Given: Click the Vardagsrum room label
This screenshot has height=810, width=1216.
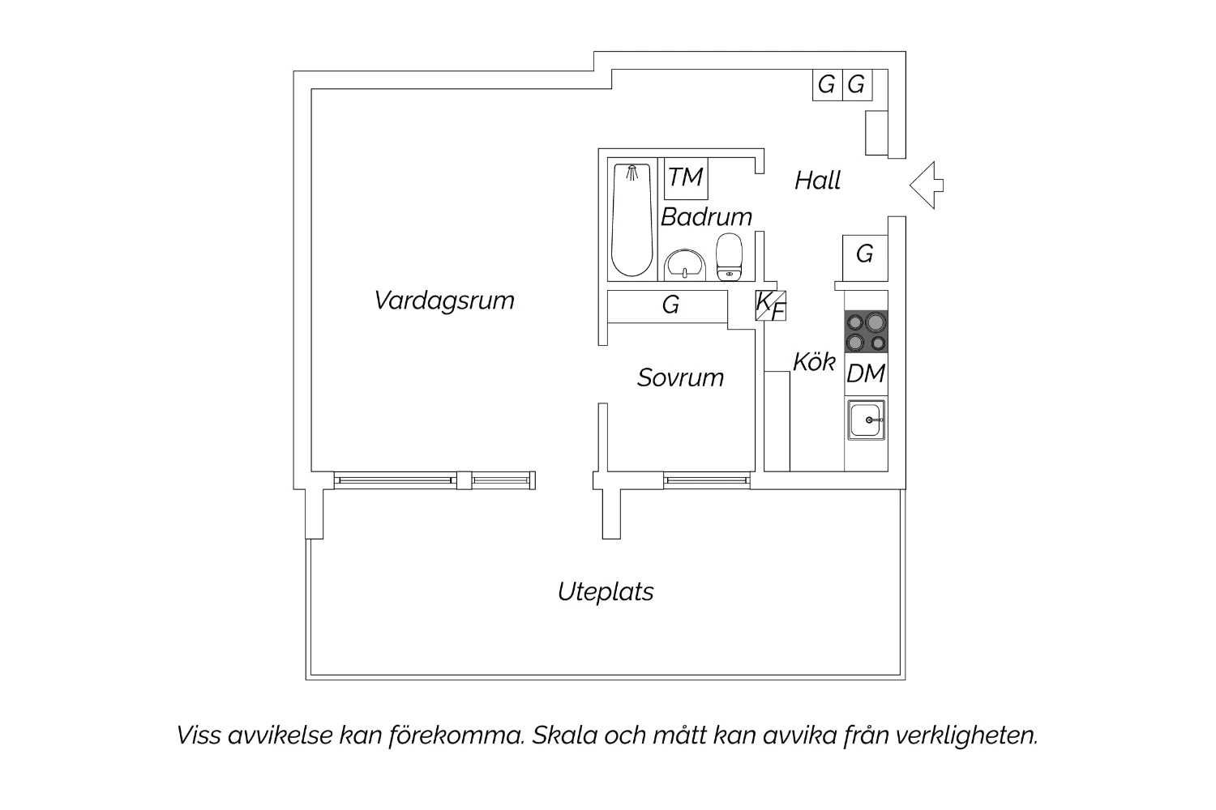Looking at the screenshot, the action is click(x=444, y=301).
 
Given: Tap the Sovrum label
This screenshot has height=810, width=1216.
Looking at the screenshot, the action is click(x=680, y=377).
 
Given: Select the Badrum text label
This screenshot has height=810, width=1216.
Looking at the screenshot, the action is click(x=706, y=217).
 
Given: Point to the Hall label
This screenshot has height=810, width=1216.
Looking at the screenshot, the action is click(x=817, y=180).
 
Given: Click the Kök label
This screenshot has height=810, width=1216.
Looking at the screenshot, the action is click(x=814, y=362).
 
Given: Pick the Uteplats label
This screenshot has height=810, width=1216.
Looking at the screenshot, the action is click(x=606, y=592).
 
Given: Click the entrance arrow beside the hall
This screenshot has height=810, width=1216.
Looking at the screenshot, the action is click(x=927, y=185).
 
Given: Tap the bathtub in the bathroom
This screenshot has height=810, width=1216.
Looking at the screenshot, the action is click(x=632, y=220).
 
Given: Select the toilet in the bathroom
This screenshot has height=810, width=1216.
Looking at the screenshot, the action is click(x=729, y=257).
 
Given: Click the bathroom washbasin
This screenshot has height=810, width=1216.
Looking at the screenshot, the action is click(x=684, y=265).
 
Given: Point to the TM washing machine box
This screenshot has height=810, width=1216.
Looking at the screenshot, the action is click(x=686, y=178).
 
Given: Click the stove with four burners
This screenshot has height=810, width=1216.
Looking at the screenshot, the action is click(x=866, y=331).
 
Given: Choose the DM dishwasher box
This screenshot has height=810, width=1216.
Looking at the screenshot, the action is click(x=866, y=373).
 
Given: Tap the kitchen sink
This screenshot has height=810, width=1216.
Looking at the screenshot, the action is click(x=867, y=420).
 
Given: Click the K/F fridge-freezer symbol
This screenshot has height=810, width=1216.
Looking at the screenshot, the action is click(x=770, y=305).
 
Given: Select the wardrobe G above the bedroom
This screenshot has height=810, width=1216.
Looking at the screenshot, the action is click(x=668, y=306).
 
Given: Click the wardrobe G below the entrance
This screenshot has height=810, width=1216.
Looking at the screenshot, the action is click(x=865, y=258).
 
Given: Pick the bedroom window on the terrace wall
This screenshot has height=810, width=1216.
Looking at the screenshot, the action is click(x=707, y=480).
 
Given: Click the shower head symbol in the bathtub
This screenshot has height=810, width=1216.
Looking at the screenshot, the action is click(x=632, y=173).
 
